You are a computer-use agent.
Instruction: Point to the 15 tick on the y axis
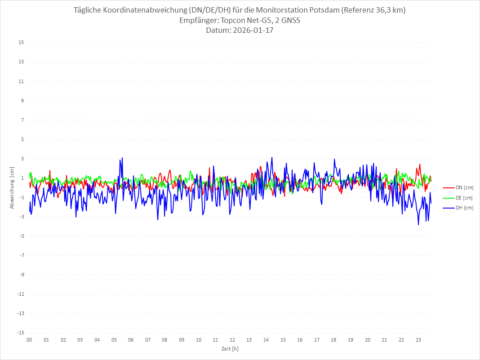coord(21,43)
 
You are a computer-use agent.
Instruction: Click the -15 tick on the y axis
coord(20,333)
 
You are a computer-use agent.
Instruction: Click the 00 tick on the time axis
coord(29,340)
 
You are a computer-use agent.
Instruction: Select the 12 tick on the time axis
coord(232,340)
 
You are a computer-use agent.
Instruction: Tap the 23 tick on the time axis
coord(418,340)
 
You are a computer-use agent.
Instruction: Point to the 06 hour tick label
coord(131,340)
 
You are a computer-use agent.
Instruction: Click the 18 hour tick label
coord(334,340)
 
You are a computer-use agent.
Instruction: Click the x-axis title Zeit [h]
coord(230,348)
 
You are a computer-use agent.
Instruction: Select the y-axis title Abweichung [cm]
coord(12,188)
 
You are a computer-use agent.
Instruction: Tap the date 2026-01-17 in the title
coord(252,31)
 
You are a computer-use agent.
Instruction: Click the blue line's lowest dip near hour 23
coord(418,225)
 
